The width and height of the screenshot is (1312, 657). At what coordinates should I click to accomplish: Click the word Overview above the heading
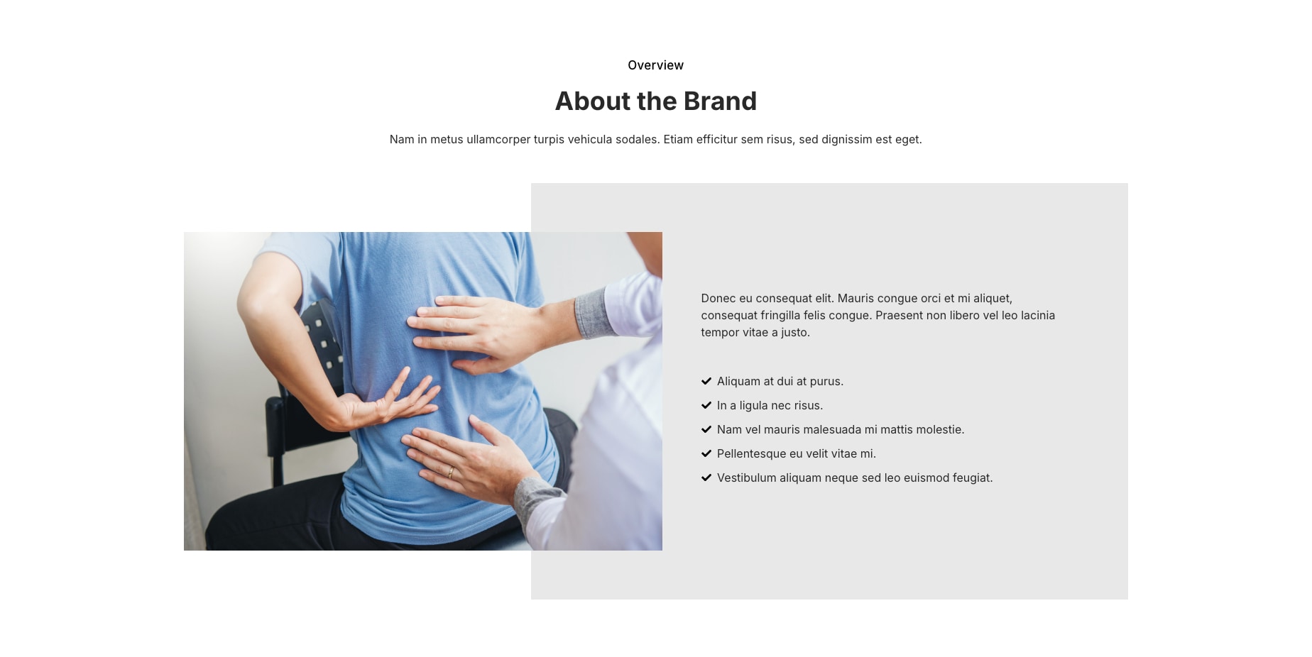[655, 65]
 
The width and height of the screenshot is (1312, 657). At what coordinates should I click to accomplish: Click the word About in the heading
[593, 101]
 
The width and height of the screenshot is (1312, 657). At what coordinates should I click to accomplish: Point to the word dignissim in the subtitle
[847, 140]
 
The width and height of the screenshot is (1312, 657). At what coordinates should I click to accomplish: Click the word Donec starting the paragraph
[718, 299]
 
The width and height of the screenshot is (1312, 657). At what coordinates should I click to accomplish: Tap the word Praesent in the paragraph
[899, 316]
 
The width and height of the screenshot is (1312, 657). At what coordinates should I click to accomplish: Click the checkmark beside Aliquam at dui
[706, 381]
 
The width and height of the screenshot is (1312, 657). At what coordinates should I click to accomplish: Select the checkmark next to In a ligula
[706, 405]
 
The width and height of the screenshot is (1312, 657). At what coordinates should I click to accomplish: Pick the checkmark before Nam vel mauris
[706, 429]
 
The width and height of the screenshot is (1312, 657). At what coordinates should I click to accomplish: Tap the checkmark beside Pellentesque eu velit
[706, 453]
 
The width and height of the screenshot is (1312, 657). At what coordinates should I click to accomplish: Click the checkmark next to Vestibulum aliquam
[706, 477]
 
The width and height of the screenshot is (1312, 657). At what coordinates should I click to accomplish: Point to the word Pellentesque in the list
[751, 454]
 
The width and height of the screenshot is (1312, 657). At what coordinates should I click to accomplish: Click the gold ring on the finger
[450, 471]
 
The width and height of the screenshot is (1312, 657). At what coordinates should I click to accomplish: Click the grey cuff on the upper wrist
[595, 313]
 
